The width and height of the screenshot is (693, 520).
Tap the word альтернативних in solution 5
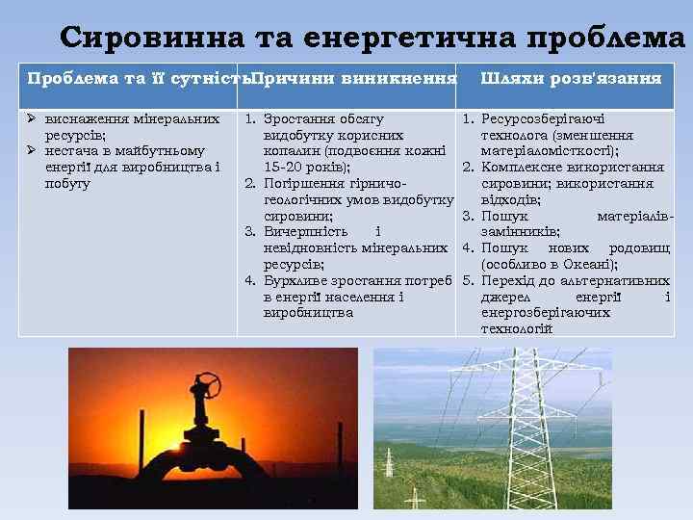609,281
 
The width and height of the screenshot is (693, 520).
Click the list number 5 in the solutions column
468,281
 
